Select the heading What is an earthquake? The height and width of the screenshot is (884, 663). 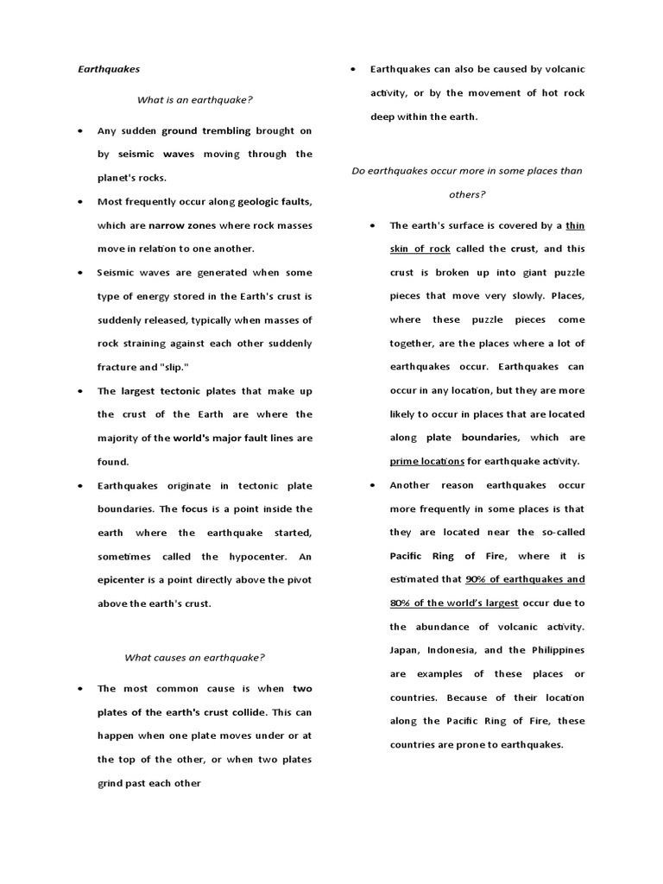coord(194,99)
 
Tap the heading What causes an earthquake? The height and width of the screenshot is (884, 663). coord(194,657)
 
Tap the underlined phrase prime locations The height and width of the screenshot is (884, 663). coord(427,461)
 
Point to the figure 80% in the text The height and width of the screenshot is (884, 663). coord(402,603)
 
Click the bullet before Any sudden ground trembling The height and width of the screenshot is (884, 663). coord(79,131)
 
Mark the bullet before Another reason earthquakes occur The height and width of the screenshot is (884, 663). coord(372,486)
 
